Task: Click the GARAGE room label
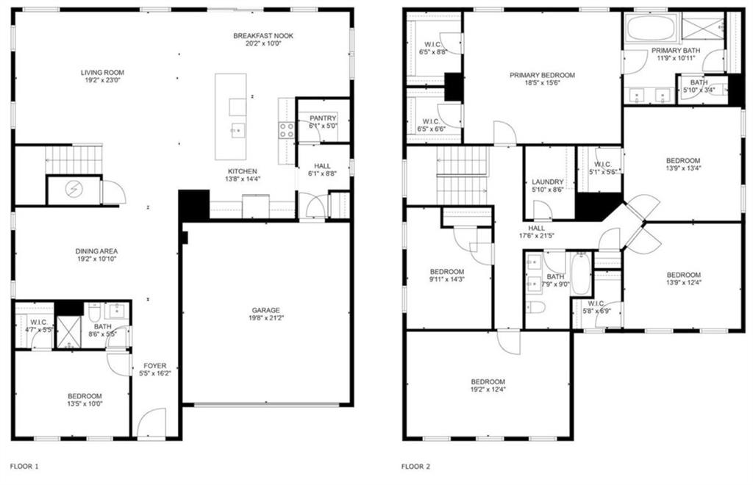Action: click(x=265, y=310)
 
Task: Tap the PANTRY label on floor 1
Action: click(x=323, y=118)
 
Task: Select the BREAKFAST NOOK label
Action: click(x=263, y=35)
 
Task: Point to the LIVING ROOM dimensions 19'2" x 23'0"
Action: click(x=102, y=81)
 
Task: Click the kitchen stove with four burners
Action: click(x=287, y=130)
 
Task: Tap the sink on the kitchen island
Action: click(x=238, y=130)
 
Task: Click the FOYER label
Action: click(x=154, y=366)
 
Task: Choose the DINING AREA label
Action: click(x=96, y=251)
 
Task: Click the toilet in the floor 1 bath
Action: click(x=94, y=312)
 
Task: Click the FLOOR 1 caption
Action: click(x=24, y=467)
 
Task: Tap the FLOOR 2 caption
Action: click(x=416, y=467)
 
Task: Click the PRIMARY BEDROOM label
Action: click(x=542, y=75)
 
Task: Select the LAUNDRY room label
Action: click(x=547, y=182)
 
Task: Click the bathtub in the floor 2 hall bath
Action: click(x=581, y=274)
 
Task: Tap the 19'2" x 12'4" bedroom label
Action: click(x=488, y=389)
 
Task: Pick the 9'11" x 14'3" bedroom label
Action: click(x=447, y=279)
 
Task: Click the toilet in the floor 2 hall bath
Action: click(x=535, y=307)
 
